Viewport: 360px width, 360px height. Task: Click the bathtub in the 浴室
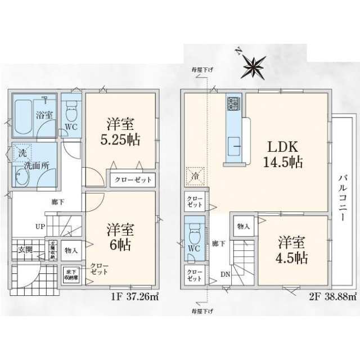click(x=23, y=117)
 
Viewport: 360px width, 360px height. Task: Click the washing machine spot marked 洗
click(x=22, y=152)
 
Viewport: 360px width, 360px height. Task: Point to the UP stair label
click(x=40, y=227)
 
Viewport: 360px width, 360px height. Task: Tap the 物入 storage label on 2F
click(x=244, y=226)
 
